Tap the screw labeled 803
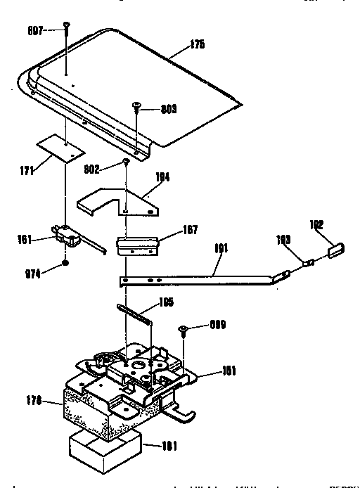tap(137, 107)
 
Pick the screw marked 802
tap(125, 162)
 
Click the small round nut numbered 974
tap(65, 263)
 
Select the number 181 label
tap(169, 444)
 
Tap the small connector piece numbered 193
tap(308, 262)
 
